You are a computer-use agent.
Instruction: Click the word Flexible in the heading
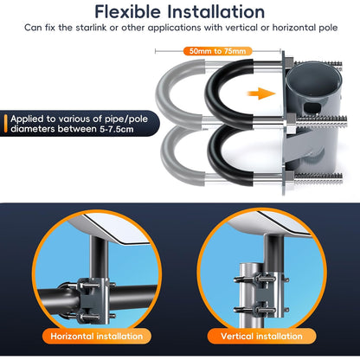tap(127, 12)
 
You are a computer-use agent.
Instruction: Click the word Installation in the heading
tap(215, 12)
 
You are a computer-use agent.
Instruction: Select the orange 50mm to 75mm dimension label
tap(218, 51)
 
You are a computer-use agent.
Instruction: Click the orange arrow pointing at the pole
tap(261, 93)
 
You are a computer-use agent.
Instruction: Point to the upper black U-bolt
tap(209, 93)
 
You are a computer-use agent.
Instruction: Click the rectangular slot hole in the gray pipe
tap(312, 107)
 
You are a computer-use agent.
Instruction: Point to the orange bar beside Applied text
tap(5, 124)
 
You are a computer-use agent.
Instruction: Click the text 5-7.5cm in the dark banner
tap(116, 129)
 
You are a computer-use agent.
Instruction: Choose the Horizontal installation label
tap(97, 336)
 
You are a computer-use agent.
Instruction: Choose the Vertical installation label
tap(261, 336)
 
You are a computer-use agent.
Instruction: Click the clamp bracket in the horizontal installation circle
tap(93, 300)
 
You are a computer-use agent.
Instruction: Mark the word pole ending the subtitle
tap(328, 28)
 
